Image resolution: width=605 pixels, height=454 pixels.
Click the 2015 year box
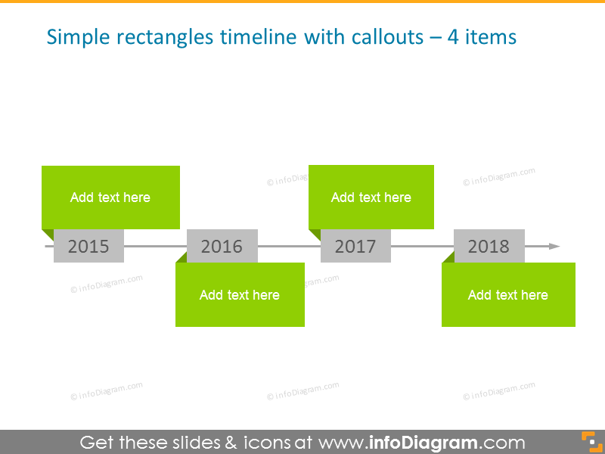88,246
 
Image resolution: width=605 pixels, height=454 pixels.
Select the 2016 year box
222,246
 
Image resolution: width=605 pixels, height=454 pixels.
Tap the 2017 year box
355,246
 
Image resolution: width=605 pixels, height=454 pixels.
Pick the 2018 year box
489,246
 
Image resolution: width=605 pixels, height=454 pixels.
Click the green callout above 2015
110,197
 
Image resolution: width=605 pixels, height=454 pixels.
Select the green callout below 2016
240,295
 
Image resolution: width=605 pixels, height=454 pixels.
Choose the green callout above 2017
371,197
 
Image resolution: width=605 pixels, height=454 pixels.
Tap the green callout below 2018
508,295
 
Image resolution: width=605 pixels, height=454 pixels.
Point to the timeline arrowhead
554,246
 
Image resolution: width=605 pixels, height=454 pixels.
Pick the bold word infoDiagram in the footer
423,443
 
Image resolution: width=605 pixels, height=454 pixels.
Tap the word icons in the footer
261,443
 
